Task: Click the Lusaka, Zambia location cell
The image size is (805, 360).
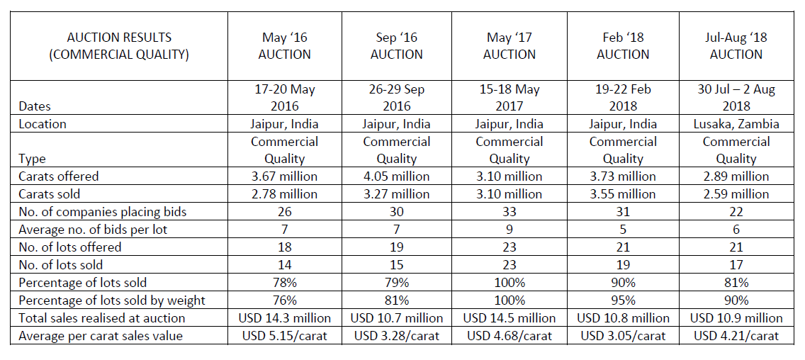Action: point(736,124)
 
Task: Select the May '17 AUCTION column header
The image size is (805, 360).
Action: point(510,45)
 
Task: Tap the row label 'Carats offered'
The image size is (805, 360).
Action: point(59,176)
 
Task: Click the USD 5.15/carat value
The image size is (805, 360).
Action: point(284,336)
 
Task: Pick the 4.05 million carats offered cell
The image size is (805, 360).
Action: point(397,176)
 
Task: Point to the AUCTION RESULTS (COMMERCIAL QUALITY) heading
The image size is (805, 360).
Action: point(119,45)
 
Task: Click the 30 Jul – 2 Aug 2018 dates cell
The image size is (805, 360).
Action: point(736,98)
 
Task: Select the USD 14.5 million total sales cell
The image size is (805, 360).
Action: point(510,318)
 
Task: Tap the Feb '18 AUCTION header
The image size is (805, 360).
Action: point(623,45)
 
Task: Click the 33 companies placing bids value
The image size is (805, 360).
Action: point(510,212)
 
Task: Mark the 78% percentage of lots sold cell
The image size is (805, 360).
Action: point(284,283)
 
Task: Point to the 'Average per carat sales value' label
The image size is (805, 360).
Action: point(101,336)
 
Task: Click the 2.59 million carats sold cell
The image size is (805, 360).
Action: point(736,194)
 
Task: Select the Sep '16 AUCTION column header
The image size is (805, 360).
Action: point(397,45)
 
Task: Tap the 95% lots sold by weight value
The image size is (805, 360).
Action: point(623,300)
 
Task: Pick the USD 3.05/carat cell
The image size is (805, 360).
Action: point(623,336)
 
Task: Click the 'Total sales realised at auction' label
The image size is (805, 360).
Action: point(102,318)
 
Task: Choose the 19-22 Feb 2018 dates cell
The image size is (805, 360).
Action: point(623,98)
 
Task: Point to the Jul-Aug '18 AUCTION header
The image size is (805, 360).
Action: point(736,45)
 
